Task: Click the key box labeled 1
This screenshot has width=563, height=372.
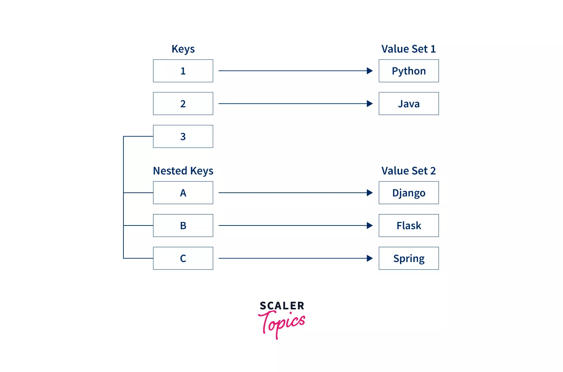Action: click(183, 71)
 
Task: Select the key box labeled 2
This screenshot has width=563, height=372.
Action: click(183, 103)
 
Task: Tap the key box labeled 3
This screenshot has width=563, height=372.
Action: click(183, 136)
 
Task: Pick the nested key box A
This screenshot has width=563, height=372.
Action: click(183, 193)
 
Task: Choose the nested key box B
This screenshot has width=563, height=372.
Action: click(183, 225)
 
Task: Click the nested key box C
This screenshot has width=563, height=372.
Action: click(183, 258)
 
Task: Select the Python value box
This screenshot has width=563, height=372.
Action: click(409, 71)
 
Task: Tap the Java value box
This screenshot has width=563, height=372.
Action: click(409, 103)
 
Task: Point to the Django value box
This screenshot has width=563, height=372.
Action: click(409, 193)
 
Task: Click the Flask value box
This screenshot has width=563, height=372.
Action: click(409, 225)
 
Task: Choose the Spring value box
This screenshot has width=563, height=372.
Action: click(409, 258)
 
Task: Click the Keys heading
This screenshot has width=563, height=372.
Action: click(183, 49)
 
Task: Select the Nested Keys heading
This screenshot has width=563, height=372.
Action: click(183, 171)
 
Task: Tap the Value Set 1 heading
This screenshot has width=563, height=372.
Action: click(409, 49)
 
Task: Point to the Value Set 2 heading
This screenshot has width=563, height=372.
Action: click(409, 171)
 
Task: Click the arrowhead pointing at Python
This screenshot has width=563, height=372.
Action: click(370, 71)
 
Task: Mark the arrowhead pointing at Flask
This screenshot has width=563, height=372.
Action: click(370, 225)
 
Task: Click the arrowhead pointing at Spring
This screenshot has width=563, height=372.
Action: click(370, 258)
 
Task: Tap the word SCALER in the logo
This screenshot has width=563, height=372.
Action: click(282, 306)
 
